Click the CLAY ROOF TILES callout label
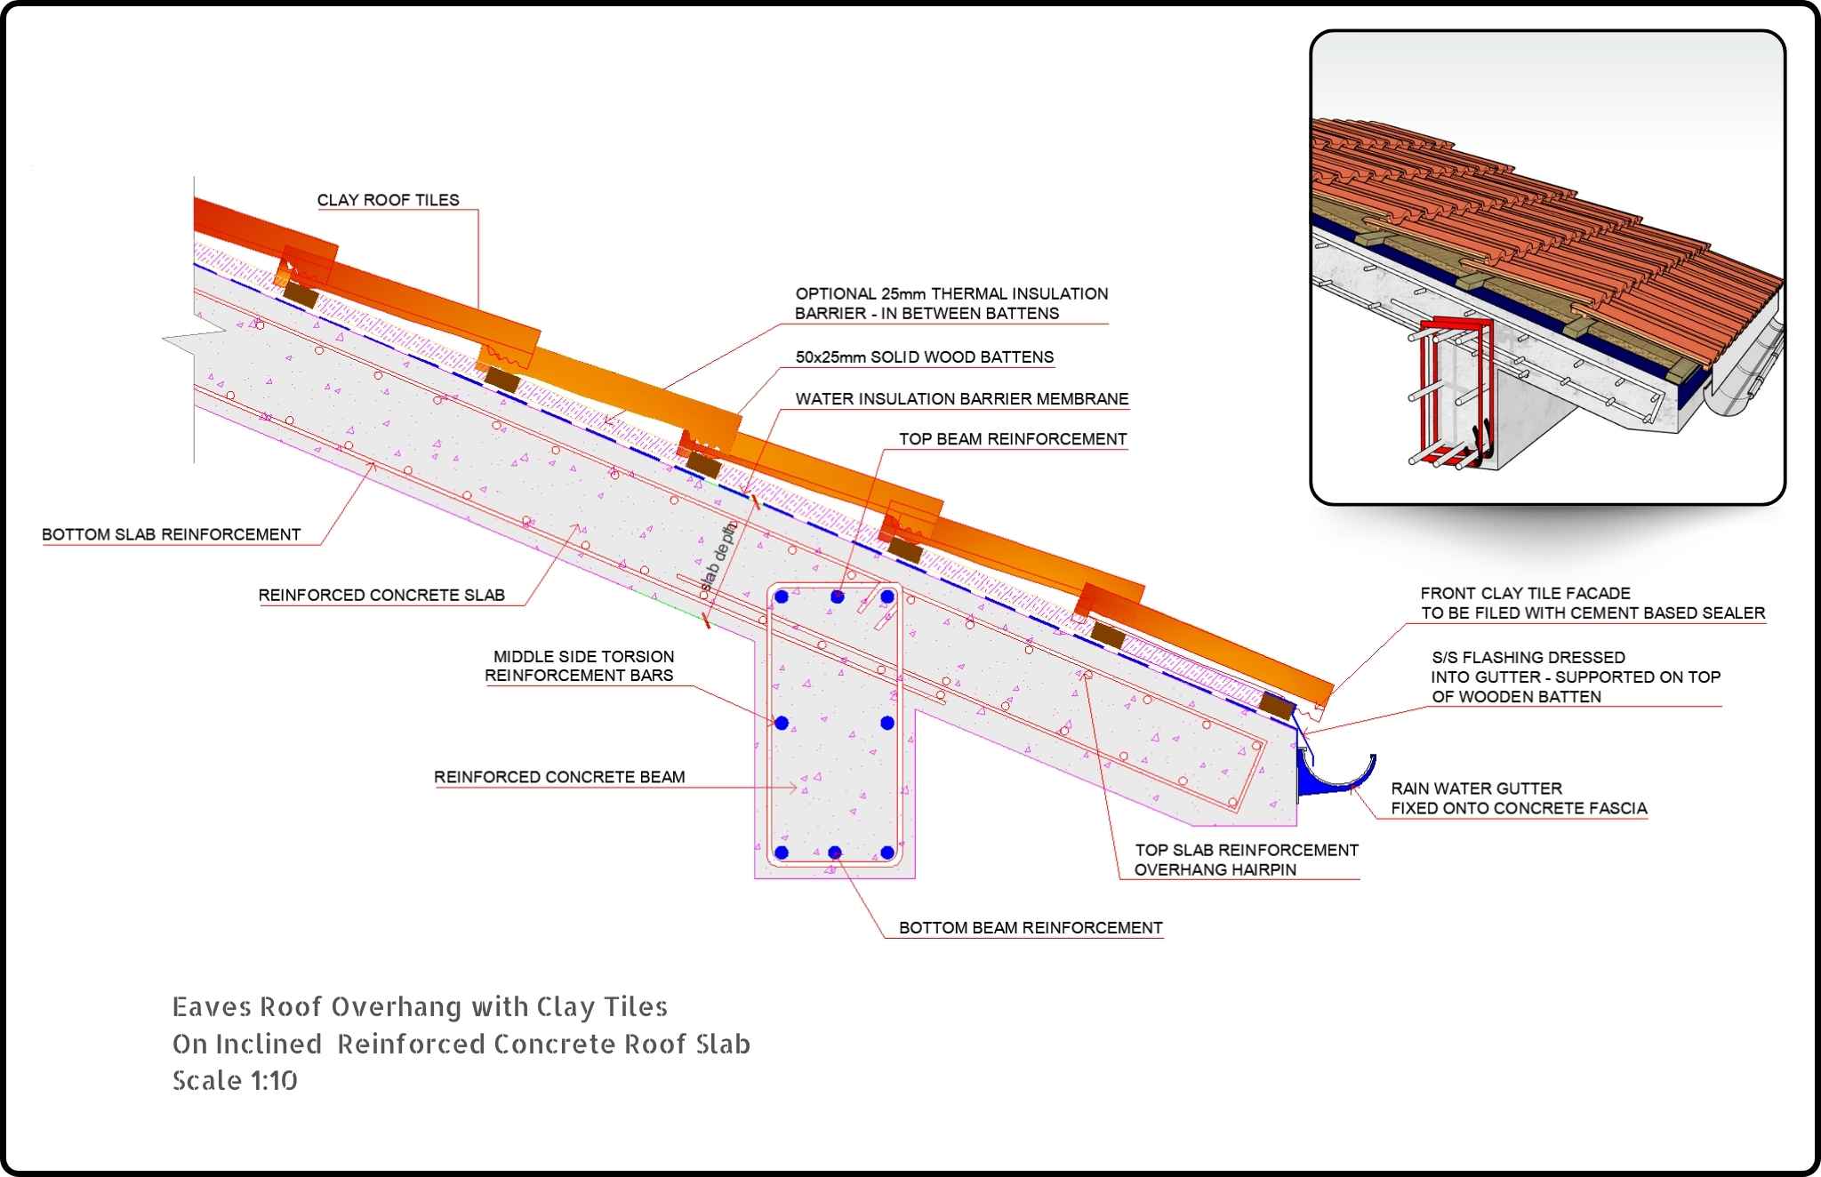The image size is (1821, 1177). pos(388,200)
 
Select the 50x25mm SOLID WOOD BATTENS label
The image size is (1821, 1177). pos(924,357)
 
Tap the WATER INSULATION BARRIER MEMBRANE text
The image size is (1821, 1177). pos(961,399)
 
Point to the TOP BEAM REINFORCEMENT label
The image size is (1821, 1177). pos(1012,439)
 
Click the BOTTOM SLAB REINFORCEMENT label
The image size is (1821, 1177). pos(171,534)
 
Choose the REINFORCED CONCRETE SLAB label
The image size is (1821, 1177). pos(381,595)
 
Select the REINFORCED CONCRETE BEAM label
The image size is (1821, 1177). pos(559,777)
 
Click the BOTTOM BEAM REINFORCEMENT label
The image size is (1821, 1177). pos(1030,928)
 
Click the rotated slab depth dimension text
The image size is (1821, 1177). pos(719,558)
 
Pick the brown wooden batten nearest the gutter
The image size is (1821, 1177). pos(1277,707)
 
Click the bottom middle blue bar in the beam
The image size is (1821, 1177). pos(835,853)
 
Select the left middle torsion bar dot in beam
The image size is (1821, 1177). pos(782,723)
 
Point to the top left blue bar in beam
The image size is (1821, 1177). pos(782,597)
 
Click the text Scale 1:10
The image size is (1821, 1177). pos(235,1080)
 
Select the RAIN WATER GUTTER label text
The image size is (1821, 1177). pos(1476,789)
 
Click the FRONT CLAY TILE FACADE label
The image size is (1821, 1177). pos(1525,593)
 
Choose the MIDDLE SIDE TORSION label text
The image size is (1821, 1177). pos(583,656)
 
